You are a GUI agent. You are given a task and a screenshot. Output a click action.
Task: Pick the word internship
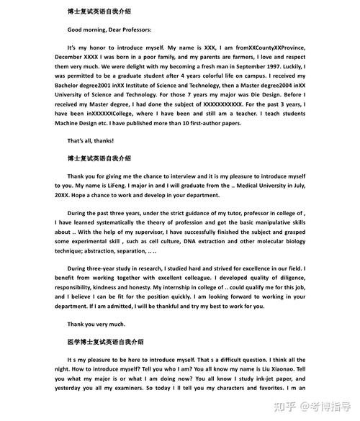pos(207,287)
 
